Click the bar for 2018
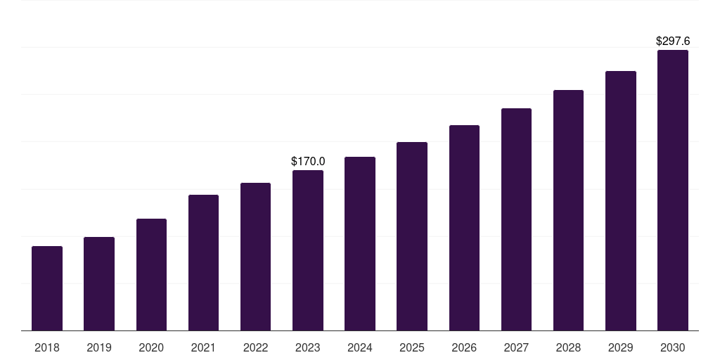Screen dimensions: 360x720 47,288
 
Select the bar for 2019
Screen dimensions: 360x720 99,283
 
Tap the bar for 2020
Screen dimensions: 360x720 151,274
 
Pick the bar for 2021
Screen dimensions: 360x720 203,262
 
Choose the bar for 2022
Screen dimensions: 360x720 255,257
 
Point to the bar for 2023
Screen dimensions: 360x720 308,250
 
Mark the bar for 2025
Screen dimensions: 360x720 412,236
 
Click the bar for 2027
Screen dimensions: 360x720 516,219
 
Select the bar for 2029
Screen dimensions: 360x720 621,200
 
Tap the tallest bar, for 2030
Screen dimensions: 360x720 673,190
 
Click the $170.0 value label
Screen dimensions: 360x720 308,162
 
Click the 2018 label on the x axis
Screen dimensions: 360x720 47,347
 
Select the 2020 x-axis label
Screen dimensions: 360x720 151,347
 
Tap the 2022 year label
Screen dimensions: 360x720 255,347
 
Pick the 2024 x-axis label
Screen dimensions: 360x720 360,347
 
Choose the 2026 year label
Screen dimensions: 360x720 464,347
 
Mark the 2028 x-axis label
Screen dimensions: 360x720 568,347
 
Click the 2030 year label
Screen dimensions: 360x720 673,347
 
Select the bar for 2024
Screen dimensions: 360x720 360,243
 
